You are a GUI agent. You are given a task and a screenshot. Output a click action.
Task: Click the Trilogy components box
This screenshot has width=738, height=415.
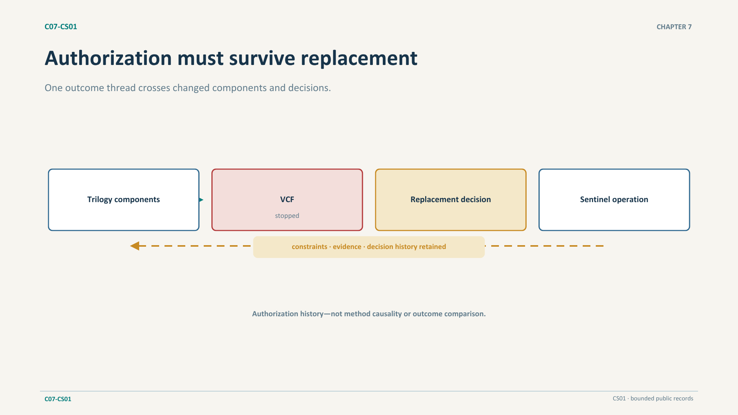(x=123, y=200)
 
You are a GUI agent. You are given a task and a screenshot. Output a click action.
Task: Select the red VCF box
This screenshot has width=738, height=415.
(x=287, y=200)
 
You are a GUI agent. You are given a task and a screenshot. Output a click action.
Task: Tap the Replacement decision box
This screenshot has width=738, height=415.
(x=450, y=200)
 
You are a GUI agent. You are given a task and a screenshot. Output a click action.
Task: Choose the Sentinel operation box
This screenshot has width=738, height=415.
(x=614, y=200)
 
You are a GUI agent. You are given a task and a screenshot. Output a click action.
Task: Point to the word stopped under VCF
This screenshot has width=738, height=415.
(x=287, y=216)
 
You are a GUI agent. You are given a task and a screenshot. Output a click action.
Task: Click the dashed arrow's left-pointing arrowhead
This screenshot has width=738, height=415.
(x=135, y=246)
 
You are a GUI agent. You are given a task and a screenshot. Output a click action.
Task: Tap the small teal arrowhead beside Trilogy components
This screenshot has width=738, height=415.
(x=201, y=200)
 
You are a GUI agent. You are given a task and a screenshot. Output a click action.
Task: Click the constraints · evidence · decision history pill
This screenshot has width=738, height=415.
(x=369, y=247)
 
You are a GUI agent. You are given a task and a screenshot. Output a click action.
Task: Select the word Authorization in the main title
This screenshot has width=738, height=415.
(x=108, y=58)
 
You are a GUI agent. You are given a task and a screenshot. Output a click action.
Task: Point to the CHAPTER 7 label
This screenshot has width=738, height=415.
(x=674, y=27)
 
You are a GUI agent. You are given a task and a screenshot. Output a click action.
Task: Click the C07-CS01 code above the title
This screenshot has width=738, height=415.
(x=61, y=27)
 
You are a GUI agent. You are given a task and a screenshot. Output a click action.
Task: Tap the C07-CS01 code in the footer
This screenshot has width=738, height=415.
(x=58, y=399)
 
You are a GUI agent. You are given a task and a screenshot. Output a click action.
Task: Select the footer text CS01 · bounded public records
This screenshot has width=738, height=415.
(x=653, y=398)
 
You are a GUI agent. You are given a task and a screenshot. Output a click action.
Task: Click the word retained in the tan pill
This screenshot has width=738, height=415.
(x=432, y=247)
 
